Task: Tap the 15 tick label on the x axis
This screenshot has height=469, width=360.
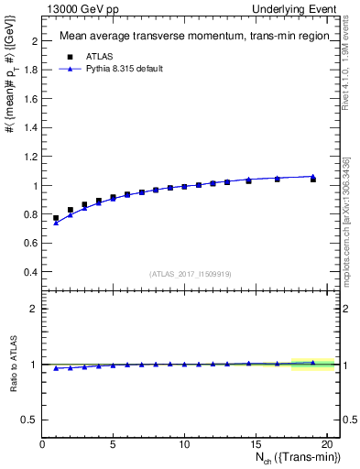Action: (x=255, y=444)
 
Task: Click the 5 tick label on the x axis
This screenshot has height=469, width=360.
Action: (x=113, y=444)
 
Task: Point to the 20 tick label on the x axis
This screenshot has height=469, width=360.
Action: (x=325, y=444)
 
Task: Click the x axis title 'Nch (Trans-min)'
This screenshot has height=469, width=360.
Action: (x=288, y=459)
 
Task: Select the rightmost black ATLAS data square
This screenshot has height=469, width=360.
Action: (x=313, y=180)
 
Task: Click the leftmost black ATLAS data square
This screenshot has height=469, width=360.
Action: (x=56, y=218)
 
